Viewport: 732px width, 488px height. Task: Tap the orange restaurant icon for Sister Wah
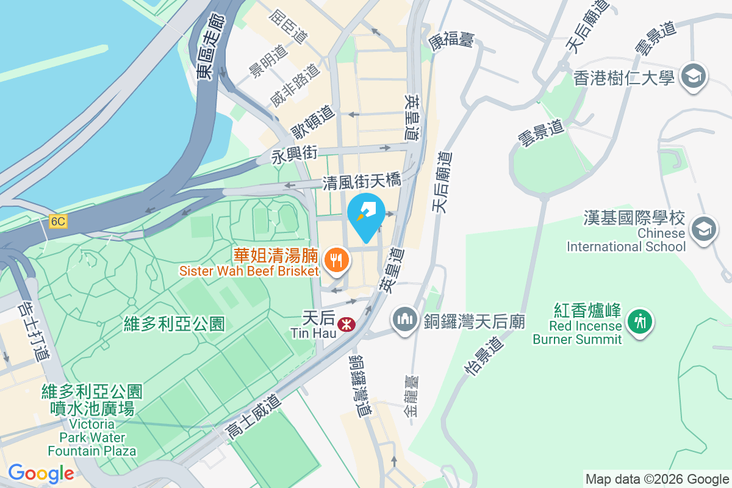335,260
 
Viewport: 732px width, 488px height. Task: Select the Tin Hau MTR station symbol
347,323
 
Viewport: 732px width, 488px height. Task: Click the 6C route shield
58,221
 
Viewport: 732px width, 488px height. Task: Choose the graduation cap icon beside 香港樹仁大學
694,77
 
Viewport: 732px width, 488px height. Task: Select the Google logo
41,473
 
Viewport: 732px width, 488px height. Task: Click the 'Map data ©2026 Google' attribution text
657,479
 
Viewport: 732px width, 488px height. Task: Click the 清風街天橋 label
362,181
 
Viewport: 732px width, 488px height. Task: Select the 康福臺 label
451,41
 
